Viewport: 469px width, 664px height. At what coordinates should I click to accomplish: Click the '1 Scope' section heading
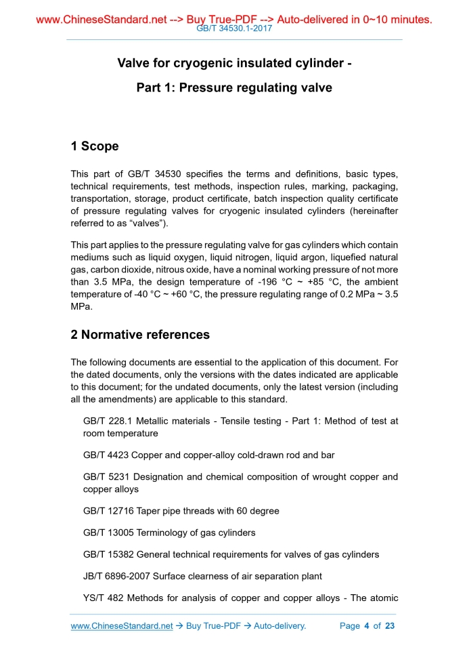[95, 146]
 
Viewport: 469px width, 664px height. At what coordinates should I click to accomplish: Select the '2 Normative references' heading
[140, 335]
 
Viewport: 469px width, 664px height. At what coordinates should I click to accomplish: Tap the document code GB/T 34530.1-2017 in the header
[233, 30]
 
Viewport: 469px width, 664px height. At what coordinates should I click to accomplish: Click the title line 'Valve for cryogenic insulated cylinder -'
[234, 64]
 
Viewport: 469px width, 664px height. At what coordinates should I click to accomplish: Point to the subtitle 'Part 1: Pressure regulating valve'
[234, 88]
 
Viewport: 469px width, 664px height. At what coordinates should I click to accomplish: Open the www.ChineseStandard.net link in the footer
[122, 626]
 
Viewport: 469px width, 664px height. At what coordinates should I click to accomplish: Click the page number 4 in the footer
[367, 626]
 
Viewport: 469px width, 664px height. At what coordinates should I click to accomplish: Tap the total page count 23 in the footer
[389, 626]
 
